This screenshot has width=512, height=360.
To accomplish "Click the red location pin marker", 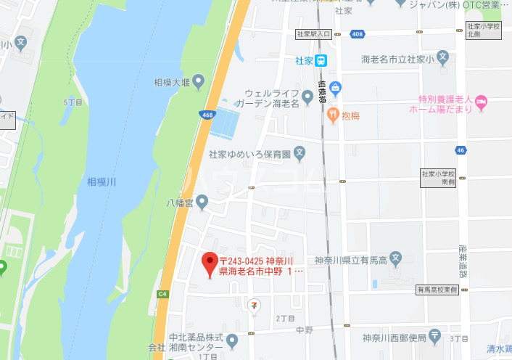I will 210,263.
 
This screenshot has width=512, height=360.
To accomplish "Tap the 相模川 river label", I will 102,181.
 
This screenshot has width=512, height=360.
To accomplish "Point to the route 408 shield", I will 356,33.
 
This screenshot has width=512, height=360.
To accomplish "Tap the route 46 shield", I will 461,150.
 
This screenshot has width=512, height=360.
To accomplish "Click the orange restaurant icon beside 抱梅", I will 333,114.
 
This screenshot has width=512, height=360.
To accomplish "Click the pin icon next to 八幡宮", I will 202,203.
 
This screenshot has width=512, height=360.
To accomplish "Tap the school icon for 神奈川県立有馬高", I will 395,258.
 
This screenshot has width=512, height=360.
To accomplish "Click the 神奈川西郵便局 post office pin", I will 434,337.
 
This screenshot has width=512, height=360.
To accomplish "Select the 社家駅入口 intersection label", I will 313,33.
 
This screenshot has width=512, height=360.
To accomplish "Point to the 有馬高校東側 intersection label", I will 437,290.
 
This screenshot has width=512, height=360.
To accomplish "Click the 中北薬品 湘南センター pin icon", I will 232,340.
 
